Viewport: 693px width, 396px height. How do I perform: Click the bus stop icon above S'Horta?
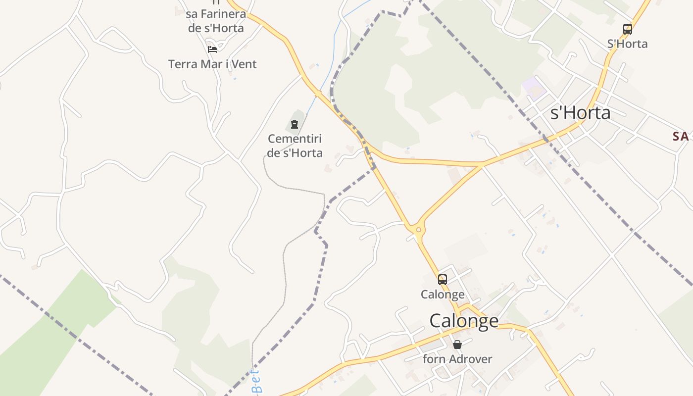[627, 29]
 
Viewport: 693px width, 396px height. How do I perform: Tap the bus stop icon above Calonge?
[442, 280]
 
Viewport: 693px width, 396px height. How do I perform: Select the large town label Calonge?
[464, 321]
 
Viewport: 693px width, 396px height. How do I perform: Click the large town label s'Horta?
[580, 113]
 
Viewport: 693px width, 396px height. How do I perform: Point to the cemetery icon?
[295, 124]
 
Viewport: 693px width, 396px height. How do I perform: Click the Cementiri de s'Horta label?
[295, 146]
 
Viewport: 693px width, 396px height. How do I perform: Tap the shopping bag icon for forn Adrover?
[457, 345]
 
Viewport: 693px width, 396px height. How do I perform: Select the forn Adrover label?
[457, 359]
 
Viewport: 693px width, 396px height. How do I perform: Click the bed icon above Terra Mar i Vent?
[212, 49]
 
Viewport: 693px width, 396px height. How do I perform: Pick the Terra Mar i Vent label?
[212, 64]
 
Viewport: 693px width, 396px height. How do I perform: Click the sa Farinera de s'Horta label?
[216, 21]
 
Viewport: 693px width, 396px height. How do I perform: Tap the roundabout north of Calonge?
[419, 230]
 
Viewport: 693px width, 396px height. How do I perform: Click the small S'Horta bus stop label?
[627, 44]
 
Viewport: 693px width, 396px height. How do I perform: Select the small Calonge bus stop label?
[443, 295]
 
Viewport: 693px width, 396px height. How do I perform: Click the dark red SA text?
[681, 137]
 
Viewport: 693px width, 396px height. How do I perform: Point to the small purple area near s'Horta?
[534, 87]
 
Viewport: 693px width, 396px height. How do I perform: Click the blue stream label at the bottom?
[256, 382]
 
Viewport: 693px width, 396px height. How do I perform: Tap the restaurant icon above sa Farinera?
[216, 2]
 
